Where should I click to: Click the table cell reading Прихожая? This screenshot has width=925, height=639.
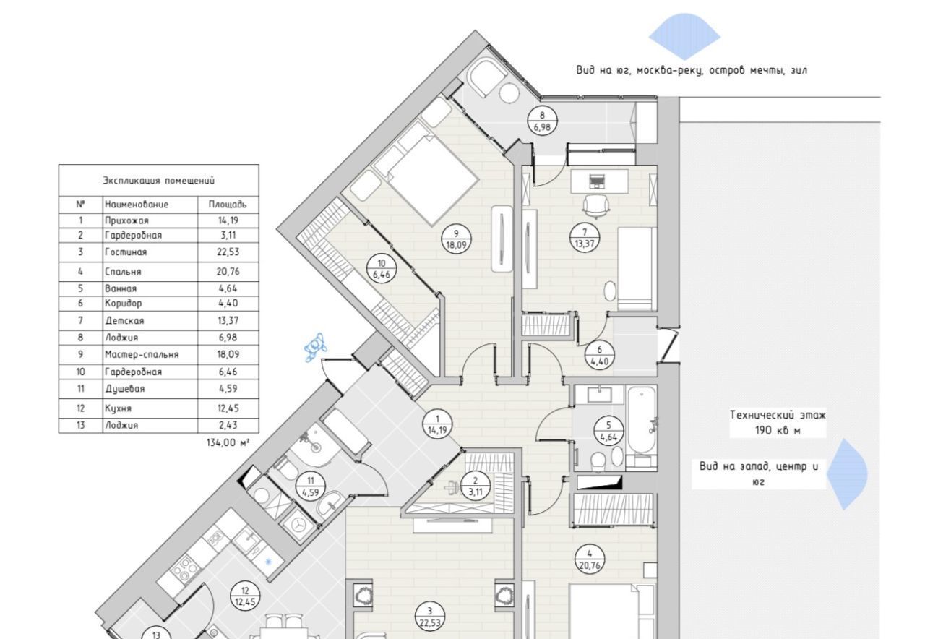click(126, 220)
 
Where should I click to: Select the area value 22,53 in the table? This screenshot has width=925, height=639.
click(228, 252)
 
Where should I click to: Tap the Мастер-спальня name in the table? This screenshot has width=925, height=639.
click(142, 355)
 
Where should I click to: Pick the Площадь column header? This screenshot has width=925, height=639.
click(228, 205)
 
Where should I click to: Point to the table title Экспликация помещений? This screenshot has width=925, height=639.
click(158, 181)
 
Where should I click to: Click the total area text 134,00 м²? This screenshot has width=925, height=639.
click(228, 443)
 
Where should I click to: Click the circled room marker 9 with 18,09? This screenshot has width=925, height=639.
click(456, 239)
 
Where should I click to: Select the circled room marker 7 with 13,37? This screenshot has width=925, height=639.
click(585, 239)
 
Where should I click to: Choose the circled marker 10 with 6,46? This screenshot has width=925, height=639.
click(381, 269)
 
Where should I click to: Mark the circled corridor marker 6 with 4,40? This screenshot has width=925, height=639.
click(600, 355)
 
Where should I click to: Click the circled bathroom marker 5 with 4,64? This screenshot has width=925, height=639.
click(608, 431)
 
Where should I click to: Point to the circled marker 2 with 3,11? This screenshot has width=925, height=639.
click(476, 486)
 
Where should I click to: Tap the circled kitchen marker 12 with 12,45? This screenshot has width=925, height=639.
click(245, 596)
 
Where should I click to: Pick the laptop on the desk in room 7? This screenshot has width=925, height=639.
click(595, 181)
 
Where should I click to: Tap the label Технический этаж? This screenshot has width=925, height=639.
click(778, 415)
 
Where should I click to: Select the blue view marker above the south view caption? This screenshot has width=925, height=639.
click(684, 36)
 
